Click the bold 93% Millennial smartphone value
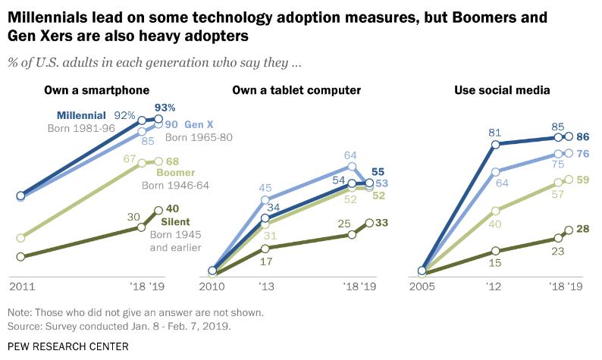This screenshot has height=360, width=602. [x=166, y=107]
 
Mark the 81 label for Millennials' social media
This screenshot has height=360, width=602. [x=496, y=131]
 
